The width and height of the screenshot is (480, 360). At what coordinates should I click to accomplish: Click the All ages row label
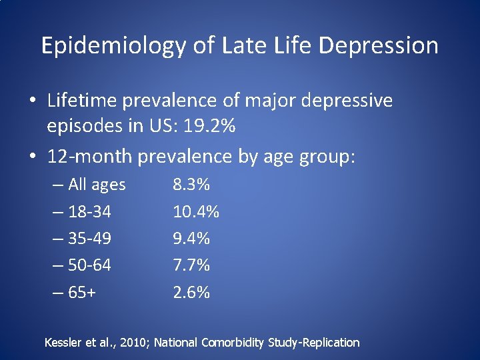pos(97,185)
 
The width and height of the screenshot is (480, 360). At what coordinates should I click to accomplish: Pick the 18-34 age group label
pos(90,212)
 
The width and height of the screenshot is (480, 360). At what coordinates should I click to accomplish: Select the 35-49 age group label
pos(90,239)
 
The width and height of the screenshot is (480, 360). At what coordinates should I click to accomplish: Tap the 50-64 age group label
pos(90,265)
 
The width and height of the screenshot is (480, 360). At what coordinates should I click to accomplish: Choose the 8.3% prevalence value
pos(191,185)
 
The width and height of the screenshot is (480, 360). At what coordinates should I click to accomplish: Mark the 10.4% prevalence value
pos(196,212)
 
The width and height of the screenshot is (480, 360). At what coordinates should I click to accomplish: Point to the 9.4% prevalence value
pos(191,239)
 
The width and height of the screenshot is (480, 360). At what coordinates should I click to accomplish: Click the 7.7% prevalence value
pos(191,265)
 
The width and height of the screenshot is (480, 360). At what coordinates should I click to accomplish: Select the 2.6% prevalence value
pos(191,292)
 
